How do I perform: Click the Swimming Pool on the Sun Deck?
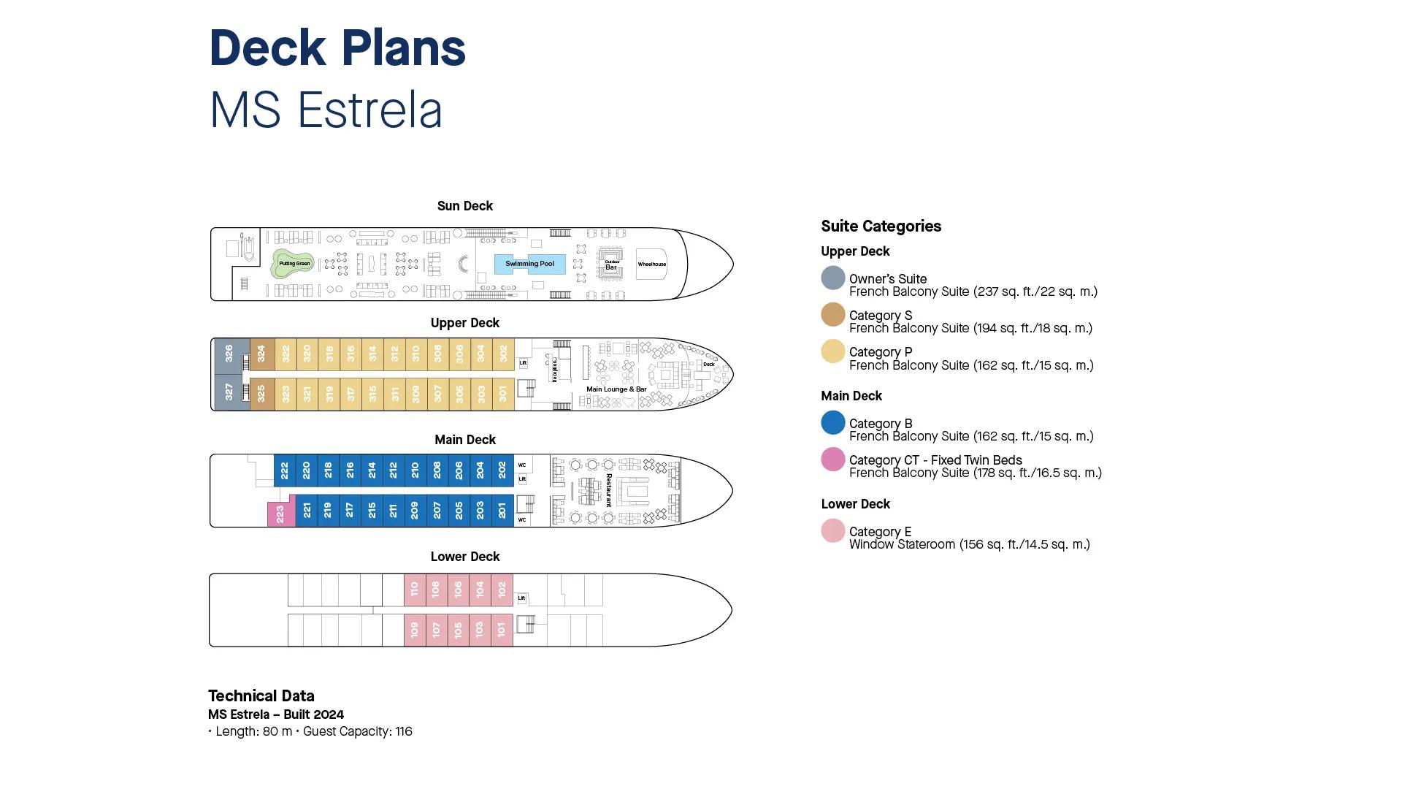click(529, 264)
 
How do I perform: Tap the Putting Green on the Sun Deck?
click(294, 264)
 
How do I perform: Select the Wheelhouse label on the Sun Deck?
click(651, 264)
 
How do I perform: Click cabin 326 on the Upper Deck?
click(229, 354)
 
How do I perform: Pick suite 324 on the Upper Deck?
click(261, 354)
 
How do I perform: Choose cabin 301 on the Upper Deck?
click(502, 394)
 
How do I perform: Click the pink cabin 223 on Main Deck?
click(280, 514)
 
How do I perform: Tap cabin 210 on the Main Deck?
click(415, 470)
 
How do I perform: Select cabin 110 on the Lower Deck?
click(414, 589)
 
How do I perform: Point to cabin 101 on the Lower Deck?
click(501, 630)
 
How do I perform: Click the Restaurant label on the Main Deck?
click(608, 490)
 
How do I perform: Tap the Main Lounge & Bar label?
click(616, 389)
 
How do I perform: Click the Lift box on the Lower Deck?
click(521, 598)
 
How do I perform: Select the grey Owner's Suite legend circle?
click(833, 278)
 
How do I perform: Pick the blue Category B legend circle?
click(833, 423)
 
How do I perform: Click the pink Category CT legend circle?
click(833, 460)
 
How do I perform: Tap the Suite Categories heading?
click(881, 226)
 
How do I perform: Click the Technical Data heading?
click(261, 696)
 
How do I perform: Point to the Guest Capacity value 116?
click(404, 731)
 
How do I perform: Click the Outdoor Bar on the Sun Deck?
click(611, 264)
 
